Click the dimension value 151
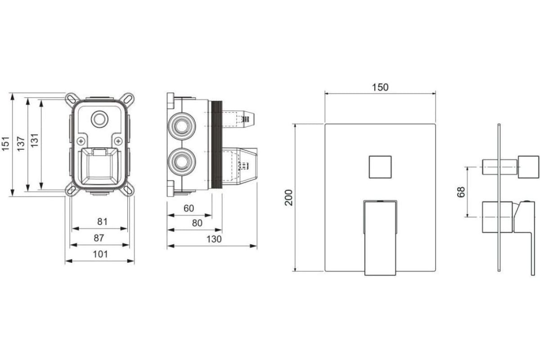click(5, 144)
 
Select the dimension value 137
click(21, 144)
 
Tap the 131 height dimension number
click(35, 140)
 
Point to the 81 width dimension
click(102, 221)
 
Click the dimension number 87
click(99, 238)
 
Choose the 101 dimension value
click(100, 254)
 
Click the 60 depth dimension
click(189, 208)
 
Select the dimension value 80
click(197, 223)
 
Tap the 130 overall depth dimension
click(214, 239)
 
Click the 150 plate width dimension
click(380, 87)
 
